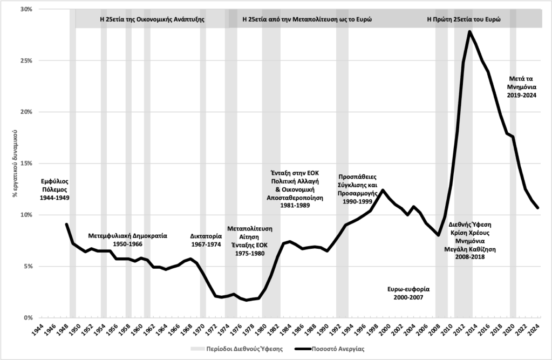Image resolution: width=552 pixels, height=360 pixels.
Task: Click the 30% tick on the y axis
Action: (26, 10)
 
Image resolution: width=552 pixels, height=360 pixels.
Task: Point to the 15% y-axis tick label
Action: (26, 164)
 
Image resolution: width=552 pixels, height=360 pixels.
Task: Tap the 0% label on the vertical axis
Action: (28, 318)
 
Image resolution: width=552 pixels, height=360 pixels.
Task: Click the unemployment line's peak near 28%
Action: (470, 31)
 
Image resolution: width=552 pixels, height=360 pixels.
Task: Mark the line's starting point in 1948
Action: (66, 224)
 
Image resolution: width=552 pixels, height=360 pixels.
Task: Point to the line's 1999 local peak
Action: (383, 190)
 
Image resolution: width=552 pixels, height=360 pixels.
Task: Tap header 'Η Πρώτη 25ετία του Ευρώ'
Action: (464, 18)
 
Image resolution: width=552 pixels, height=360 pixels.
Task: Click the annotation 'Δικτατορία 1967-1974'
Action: (207, 240)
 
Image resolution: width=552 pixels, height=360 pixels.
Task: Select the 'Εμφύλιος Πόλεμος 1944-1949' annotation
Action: (55, 189)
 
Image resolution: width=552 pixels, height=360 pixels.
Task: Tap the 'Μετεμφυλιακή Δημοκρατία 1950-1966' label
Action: (127, 240)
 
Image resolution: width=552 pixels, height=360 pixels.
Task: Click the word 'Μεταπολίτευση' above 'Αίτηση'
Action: (249, 228)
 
